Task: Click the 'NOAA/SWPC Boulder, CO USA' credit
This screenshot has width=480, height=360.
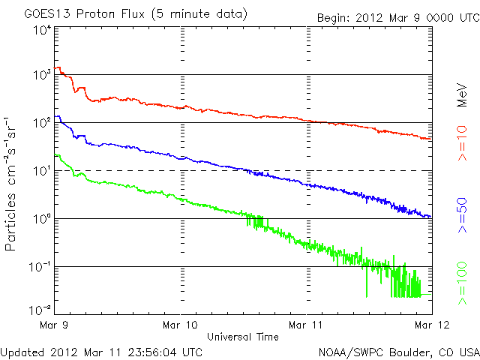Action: (x=397, y=351)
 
